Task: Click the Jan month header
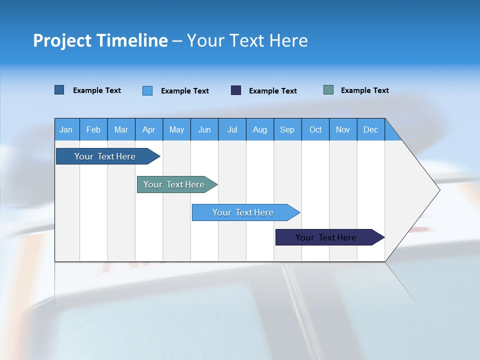click(66, 129)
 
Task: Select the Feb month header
click(93, 129)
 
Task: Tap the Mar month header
click(121, 129)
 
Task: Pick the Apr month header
click(149, 129)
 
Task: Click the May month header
click(176, 129)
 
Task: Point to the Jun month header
click(204, 129)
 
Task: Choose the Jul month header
click(232, 129)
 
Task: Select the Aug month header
click(260, 129)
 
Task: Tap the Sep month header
click(287, 129)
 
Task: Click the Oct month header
click(315, 129)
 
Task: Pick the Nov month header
click(343, 129)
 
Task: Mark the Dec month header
click(371, 129)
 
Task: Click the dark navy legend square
click(236, 90)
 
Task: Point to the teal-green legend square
click(328, 90)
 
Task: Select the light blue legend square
click(147, 90)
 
